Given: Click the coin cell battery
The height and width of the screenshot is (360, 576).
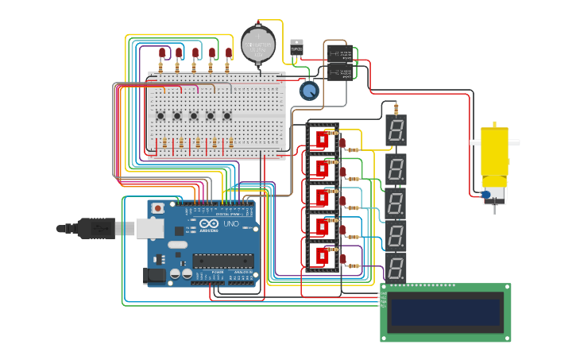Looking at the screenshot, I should [257, 44].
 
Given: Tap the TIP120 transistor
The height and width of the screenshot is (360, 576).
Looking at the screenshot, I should [296, 48].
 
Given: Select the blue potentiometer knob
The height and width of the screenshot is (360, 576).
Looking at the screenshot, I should [308, 91].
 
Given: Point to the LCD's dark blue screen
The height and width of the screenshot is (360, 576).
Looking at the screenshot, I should [445, 312].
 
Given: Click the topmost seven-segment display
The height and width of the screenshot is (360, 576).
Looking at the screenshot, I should [396, 130].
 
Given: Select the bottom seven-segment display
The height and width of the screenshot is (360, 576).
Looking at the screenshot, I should [396, 269].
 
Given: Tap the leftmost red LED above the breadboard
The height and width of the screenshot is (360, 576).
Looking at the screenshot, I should [162, 53].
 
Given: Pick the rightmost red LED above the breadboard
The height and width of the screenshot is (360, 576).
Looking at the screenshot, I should [229, 53].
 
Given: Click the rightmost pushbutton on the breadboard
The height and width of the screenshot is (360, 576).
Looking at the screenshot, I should [226, 116].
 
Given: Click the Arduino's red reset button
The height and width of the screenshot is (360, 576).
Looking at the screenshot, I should [157, 208].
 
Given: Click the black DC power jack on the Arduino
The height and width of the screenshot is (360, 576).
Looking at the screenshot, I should [156, 275].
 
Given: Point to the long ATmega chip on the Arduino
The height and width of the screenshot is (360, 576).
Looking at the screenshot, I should [223, 260].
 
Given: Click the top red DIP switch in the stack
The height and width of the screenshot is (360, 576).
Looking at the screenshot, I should [322, 140].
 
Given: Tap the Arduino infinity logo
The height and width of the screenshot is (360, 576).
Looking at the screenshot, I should [209, 225].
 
